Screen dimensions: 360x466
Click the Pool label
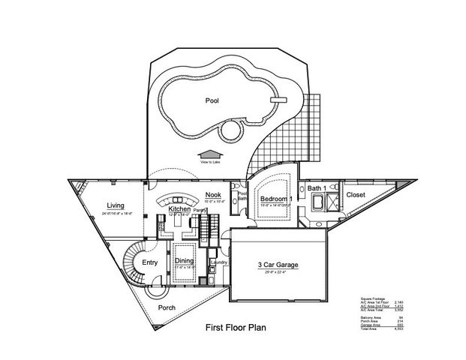click(212, 100)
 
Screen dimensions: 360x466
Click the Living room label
click(115, 205)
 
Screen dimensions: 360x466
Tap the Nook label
click(212, 195)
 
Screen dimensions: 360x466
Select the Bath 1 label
click(315, 188)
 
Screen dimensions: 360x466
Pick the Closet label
click(356, 194)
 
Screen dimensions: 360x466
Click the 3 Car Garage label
click(280, 264)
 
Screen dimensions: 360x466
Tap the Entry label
click(150, 262)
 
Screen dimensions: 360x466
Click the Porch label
click(167, 307)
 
